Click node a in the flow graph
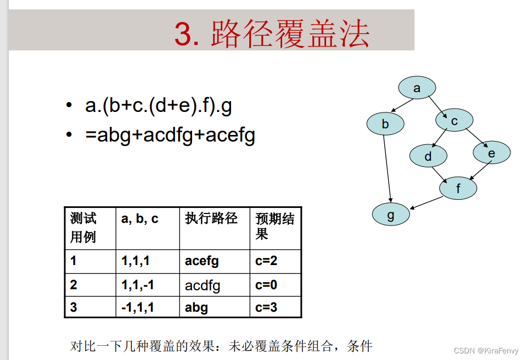coord(417,88)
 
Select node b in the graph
coord(385,124)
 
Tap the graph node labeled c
coord(454,121)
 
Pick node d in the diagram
coord(428,156)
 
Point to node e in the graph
coord(491,153)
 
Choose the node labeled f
coord(458,189)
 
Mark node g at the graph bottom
coord(390,215)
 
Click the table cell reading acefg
coord(201,261)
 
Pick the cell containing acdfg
coord(203,285)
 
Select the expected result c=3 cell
coord(266,307)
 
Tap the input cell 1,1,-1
coord(138,285)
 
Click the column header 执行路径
coord(211,218)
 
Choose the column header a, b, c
coord(139,218)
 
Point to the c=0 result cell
coord(266,285)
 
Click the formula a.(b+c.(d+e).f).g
coord(159,106)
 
